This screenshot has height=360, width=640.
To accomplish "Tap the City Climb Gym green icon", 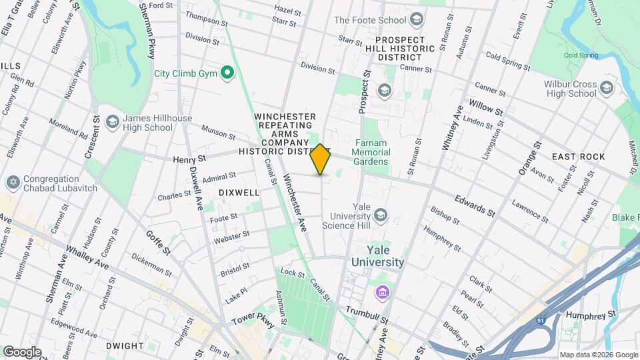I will click(227, 73).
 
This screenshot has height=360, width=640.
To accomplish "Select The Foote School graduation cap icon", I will click(417, 20).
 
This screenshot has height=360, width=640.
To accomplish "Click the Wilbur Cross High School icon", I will click(606, 88).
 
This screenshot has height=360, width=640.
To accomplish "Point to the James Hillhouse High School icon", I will click(112, 122).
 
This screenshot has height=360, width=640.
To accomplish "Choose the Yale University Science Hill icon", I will click(381, 215).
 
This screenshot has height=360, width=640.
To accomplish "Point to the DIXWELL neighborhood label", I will click(239, 192).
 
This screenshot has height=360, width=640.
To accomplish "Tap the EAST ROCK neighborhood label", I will click(578, 157).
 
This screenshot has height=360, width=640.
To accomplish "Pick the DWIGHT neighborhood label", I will click(124, 346).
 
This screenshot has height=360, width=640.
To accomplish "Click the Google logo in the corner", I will click(21, 351).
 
